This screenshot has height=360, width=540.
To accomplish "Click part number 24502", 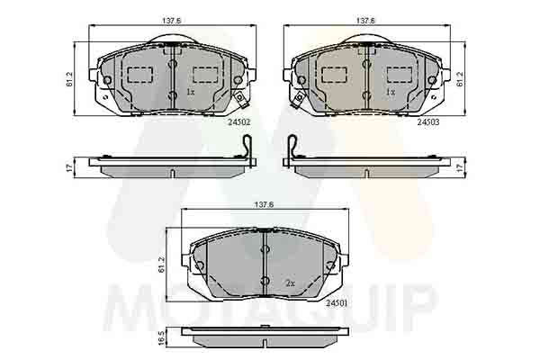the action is coord(238,122).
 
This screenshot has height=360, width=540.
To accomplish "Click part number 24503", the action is coord(428,122).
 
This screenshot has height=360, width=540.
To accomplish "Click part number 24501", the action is coord(337,302).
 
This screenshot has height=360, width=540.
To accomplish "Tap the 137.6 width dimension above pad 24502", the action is coord(172,21).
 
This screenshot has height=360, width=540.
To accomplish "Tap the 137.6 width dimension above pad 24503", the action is coord(365,21).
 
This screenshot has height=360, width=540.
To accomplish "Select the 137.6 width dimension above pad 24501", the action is coord(264,204).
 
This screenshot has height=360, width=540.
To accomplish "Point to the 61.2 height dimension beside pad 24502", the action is coord(70,79).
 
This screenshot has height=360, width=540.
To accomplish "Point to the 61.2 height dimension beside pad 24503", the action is coord(461,79).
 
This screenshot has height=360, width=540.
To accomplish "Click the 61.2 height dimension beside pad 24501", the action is coord(161,265).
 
